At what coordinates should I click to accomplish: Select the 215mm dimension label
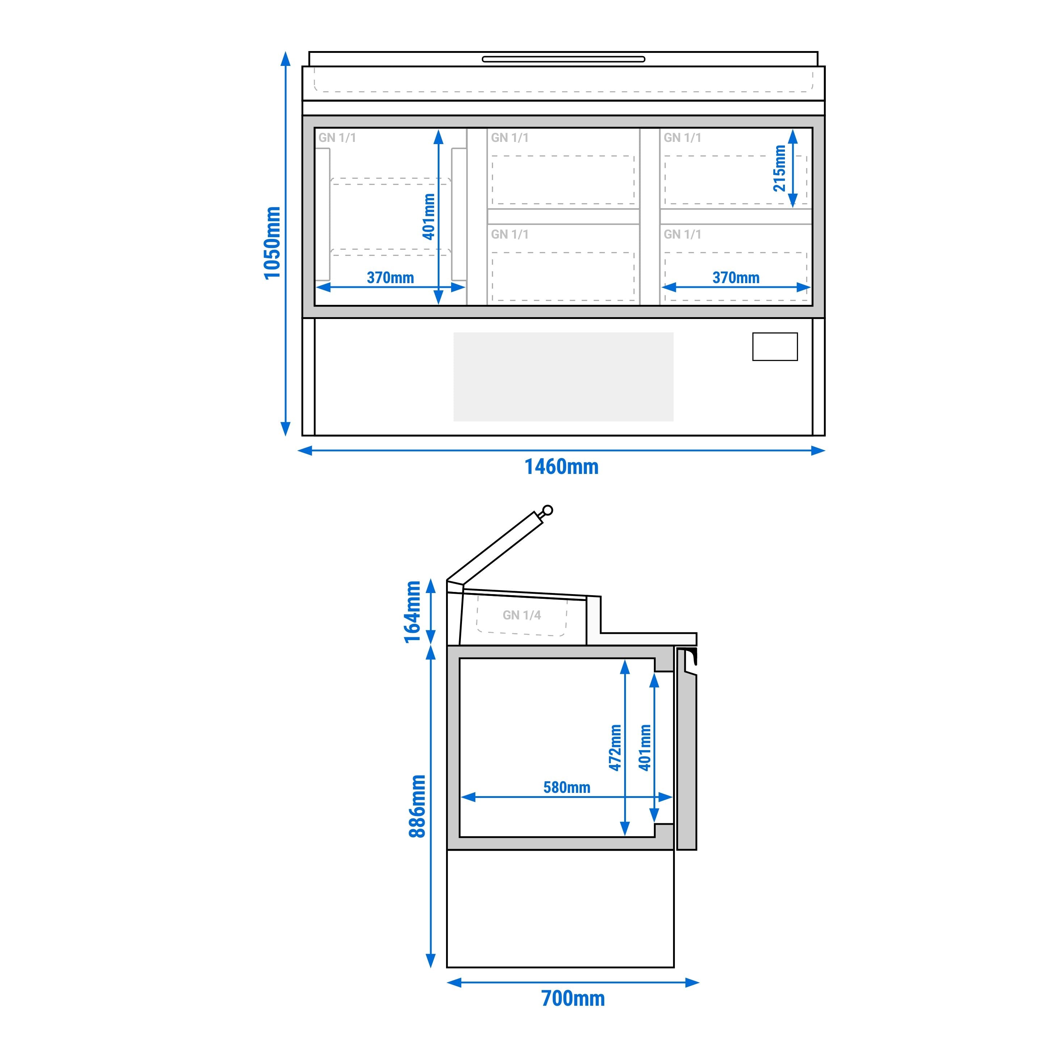(779, 168)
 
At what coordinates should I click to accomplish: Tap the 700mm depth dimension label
(573, 998)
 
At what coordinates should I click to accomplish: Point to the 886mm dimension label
(417, 806)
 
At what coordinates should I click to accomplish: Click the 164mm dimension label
(413, 612)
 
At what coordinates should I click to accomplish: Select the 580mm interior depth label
(566, 787)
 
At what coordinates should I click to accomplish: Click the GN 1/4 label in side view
(522, 615)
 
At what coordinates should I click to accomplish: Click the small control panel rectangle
(775, 346)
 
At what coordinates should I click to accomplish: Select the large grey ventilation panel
(563, 377)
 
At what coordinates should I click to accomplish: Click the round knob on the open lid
(548, 510)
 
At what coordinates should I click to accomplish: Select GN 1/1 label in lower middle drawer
(510, 235)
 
